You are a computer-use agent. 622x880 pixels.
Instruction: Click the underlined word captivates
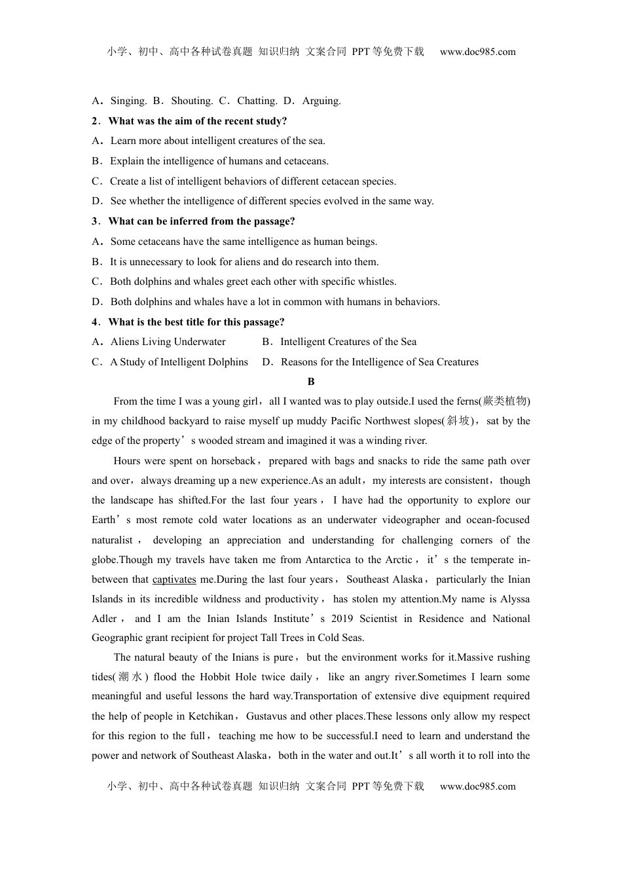click(174, 579)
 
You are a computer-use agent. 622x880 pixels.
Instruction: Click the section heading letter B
click(311, 382)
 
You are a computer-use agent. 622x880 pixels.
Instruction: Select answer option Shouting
click(192, 101)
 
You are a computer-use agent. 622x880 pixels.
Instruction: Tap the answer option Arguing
click(321, 101)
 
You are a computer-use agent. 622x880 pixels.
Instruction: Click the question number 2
click(95, 121)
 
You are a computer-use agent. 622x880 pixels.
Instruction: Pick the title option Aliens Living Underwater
click(168, 342)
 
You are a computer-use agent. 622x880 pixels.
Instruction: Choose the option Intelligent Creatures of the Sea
click(348, 342)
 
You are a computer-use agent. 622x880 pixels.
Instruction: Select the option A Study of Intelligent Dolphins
click(179, 362)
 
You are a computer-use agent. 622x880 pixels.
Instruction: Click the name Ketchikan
click(211, 716)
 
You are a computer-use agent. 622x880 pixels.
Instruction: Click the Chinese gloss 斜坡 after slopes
click(458, 421)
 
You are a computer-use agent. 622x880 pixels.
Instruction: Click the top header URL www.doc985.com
click(477, 52)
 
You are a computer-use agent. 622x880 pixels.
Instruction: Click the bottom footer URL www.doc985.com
click(477, 786)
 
